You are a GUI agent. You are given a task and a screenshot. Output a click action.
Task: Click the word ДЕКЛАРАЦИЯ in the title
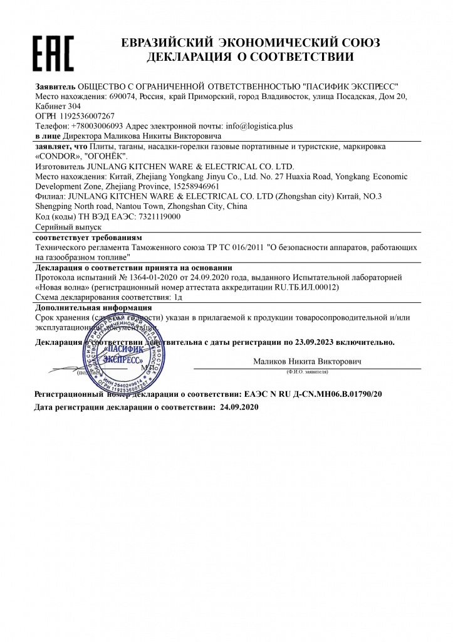click(187, 57)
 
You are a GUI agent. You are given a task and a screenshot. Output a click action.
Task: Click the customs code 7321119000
click(157, 216)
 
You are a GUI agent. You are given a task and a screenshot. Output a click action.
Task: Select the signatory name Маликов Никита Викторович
click(307, 362)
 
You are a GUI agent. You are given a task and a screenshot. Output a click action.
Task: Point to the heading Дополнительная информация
click(93, 308)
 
